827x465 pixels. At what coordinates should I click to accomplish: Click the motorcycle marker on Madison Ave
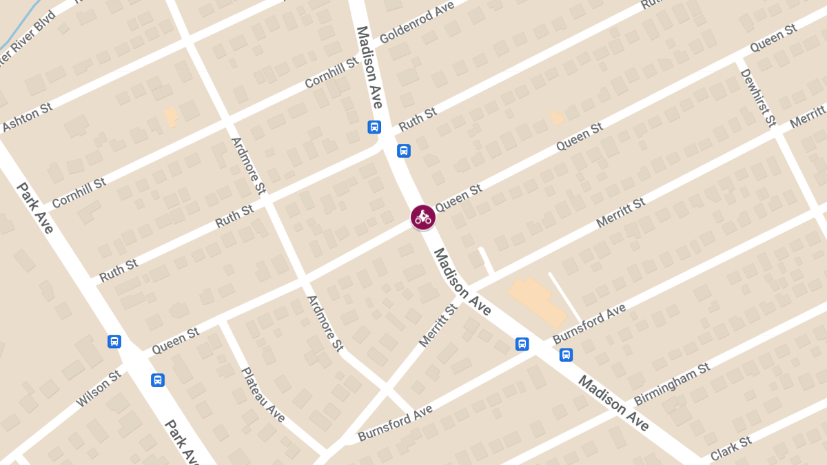422,218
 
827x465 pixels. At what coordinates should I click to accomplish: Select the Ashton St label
28,118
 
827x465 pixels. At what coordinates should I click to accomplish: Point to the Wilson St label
99,388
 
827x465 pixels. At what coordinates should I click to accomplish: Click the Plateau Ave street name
263,395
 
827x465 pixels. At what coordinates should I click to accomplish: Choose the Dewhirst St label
757,97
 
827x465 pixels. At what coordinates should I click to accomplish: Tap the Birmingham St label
672,384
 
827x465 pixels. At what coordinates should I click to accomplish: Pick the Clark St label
731,448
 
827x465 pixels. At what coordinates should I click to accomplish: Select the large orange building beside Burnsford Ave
538,301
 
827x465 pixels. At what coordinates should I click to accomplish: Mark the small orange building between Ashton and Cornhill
171,116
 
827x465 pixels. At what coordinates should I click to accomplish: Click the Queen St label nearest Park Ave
176,341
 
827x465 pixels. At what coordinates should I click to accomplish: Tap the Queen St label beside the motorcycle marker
458,198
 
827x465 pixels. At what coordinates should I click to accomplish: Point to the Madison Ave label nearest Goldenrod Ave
369,68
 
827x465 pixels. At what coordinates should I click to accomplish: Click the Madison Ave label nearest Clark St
613,403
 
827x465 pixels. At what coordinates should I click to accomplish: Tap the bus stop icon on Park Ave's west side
114,341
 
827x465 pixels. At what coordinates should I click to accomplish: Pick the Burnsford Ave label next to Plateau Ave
395,423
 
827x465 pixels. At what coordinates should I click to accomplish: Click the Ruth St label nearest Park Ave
119,271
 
